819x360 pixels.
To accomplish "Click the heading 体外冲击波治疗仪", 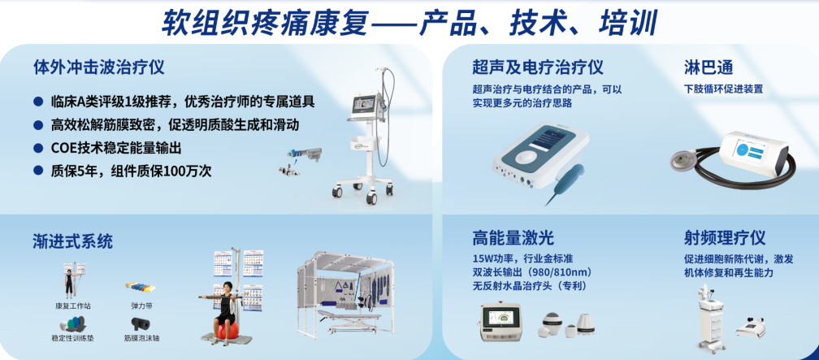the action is [99, 67].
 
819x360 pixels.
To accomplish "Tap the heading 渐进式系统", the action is [72, 241].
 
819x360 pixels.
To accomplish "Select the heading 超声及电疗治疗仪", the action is [538, 67].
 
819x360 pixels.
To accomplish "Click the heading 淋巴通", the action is [708, 67].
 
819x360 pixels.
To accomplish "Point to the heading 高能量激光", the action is [513, 238].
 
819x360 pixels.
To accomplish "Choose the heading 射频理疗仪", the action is [725, 238].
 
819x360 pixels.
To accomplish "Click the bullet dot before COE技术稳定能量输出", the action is [37, 149].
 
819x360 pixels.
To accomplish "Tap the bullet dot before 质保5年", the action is [37, 171].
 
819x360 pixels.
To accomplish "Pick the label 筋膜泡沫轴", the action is [141, 338].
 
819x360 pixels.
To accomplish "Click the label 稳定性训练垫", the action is [69, 338].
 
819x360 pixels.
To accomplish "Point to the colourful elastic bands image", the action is [141, 287].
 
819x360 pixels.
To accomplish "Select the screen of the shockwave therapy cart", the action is [366, 104].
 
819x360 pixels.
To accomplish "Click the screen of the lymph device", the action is [752, 151].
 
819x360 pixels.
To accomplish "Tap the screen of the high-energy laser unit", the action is [500, 319].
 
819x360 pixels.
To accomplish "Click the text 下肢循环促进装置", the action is [723, 89].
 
